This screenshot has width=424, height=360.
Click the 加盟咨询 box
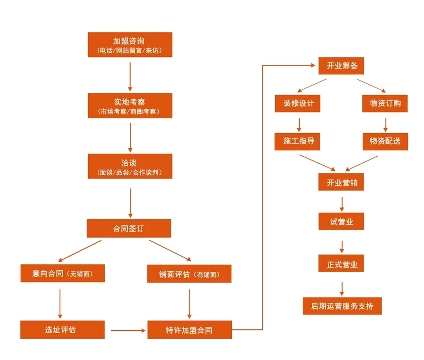pos(130,45)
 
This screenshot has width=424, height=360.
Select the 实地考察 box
pos(130,105)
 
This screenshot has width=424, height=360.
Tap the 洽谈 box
pos(130,166)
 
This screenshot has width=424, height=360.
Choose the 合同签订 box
pos(129,228)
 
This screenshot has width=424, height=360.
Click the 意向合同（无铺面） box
pos(63,273)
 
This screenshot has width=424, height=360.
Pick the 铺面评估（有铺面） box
pos(189,273)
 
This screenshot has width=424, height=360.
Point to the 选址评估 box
pos(63,329)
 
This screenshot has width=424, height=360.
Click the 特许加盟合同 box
pos(189,329)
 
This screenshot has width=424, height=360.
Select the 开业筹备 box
pos(341,65)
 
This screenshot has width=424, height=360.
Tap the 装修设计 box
pos(298,103)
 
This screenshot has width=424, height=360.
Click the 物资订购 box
pos(385,103)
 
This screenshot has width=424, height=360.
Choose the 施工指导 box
pos(297,142)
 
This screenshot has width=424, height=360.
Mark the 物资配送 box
pos(385,142)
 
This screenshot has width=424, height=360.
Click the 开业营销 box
pos(341,182)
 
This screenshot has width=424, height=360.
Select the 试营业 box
pos(341,221)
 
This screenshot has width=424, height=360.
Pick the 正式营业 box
pos(341,263)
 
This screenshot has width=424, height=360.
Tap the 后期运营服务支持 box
pos(342,306)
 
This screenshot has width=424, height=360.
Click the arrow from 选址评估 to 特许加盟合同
pos(129,330)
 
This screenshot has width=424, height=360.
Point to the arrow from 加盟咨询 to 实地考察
pos(130,77)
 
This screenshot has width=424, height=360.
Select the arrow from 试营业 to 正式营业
pos(342,247)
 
